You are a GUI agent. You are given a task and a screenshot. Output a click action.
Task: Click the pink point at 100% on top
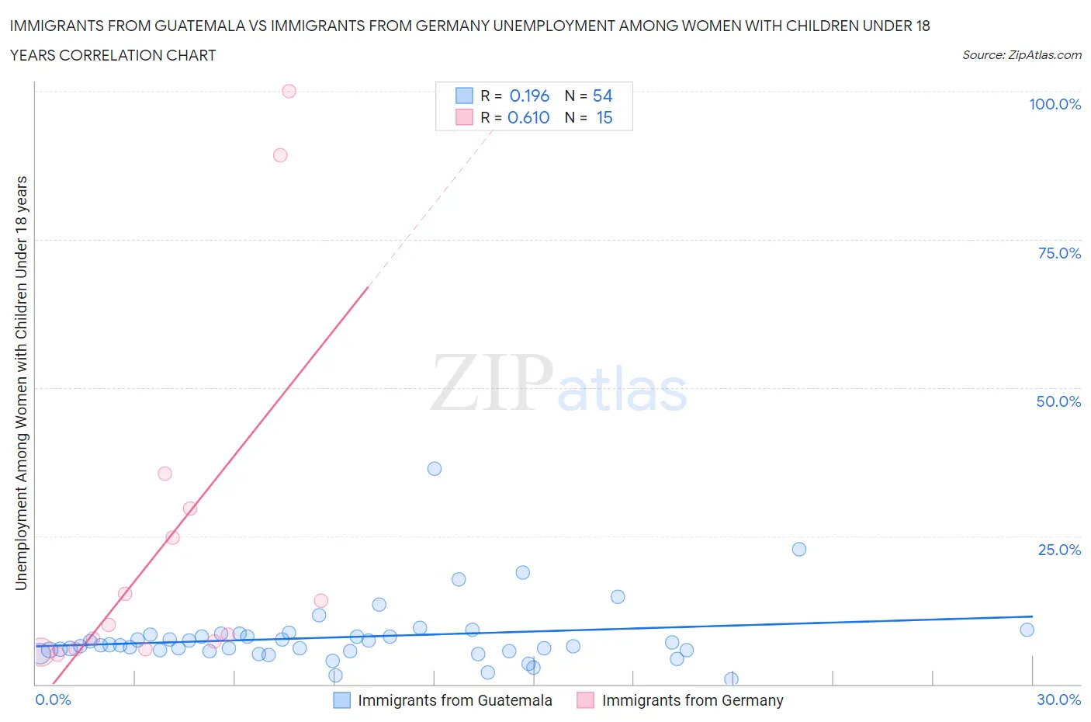(x=289, y=91)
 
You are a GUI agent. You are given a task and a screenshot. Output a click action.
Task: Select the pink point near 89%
(x=280, y=155)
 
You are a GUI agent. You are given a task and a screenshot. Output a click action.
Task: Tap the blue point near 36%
(x=435, y=469)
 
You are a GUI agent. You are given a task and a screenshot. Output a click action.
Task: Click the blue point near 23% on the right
(x=799, y=549)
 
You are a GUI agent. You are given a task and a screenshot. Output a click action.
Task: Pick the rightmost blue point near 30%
(x=1027, y=630)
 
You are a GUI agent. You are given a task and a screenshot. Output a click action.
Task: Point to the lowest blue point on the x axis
(x=731, y=679)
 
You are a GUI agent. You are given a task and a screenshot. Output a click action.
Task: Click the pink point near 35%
(x=165, y=474)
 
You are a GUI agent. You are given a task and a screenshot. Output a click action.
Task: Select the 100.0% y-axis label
(x=1055, y=105)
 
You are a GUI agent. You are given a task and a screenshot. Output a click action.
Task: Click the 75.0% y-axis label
(x=1059, y=254)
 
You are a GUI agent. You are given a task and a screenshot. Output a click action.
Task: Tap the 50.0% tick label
(x=1058, y=401)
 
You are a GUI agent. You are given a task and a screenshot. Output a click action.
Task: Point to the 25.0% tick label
(x=1059, y=550)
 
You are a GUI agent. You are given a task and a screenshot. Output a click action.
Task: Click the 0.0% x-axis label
(x=53, y=699)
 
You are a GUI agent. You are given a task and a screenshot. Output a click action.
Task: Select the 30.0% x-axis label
(x=1058, y=699)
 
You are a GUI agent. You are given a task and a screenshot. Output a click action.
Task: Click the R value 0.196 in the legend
(x=529, y=95)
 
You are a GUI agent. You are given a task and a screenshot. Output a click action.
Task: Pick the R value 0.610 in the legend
(x=528, y=117)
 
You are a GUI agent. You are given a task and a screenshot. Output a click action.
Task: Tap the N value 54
(x=602, y=95)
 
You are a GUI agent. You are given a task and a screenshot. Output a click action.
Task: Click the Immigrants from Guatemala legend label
(x=455, y=700)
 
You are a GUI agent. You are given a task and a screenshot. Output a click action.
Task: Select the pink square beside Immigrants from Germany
(x=585, y=700)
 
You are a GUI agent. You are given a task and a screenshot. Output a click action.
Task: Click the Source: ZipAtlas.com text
(x=1021, y=55)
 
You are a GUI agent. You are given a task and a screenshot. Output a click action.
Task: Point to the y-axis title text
(x=22, y=383)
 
